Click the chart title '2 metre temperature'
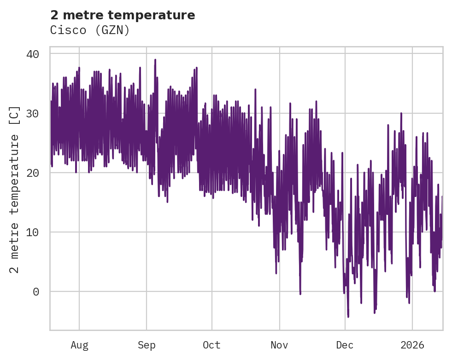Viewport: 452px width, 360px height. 123,15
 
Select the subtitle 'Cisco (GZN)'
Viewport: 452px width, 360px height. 90,30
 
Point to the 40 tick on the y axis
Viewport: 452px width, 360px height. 33,54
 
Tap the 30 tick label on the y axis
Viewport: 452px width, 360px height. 33,113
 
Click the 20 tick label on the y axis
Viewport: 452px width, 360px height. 33,173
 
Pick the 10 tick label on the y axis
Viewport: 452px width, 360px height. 33,232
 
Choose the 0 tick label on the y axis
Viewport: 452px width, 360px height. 36,291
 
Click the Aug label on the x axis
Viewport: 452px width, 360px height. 79,345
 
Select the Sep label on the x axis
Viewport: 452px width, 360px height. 147,345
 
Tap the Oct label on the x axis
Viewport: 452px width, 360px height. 212,345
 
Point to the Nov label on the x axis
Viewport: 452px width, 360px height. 279,345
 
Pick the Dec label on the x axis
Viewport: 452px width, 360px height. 345,345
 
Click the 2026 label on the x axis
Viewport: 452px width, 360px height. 412,345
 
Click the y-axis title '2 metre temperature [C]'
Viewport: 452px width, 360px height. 15,189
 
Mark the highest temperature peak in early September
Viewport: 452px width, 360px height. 155,60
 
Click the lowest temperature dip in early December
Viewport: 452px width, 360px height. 348,316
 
